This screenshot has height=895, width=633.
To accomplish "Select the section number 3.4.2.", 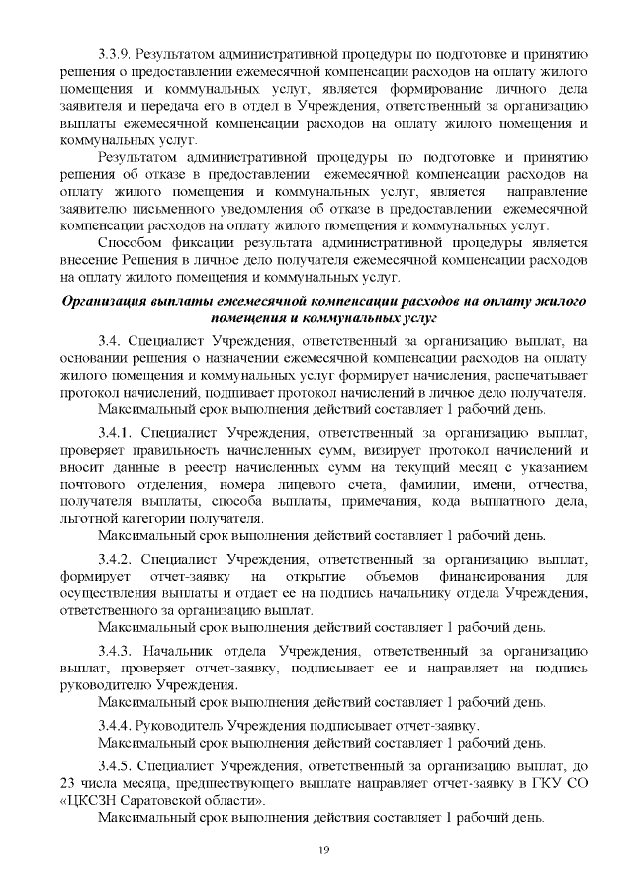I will [115, 559].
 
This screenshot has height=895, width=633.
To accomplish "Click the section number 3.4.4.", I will [115, 726].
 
